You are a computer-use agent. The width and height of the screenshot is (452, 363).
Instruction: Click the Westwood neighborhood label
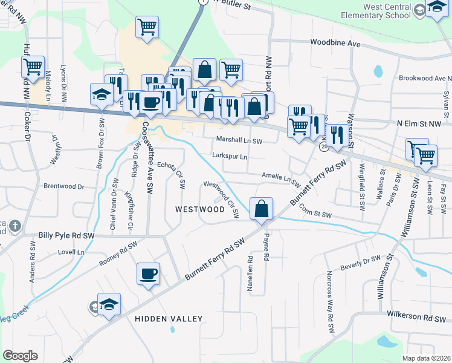point(200,209)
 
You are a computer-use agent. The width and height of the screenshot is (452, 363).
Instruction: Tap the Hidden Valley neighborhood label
point(169,318)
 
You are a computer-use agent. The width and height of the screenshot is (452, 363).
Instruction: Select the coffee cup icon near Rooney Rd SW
point(148,274)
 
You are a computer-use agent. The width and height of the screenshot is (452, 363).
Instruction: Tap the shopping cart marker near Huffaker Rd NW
point(33,66)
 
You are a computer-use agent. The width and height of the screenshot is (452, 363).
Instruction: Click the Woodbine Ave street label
point(335,44)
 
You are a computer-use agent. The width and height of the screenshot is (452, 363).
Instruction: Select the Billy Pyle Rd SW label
point(66,235)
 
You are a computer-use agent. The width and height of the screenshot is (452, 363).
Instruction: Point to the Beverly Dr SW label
point(360,261)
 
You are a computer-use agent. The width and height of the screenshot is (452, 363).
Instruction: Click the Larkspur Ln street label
point(230,156)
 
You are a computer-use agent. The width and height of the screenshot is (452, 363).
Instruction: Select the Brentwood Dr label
point(63,187)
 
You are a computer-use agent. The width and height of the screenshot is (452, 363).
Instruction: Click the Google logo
point(20,356)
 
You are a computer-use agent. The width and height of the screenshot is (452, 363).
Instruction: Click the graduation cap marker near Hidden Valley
point(109,305)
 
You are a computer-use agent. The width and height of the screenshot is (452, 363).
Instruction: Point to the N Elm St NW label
point(419,123)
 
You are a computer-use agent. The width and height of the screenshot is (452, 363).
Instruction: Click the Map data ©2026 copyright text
point(426,358)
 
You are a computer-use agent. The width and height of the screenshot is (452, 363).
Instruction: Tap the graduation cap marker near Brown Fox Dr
point(102,94)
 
